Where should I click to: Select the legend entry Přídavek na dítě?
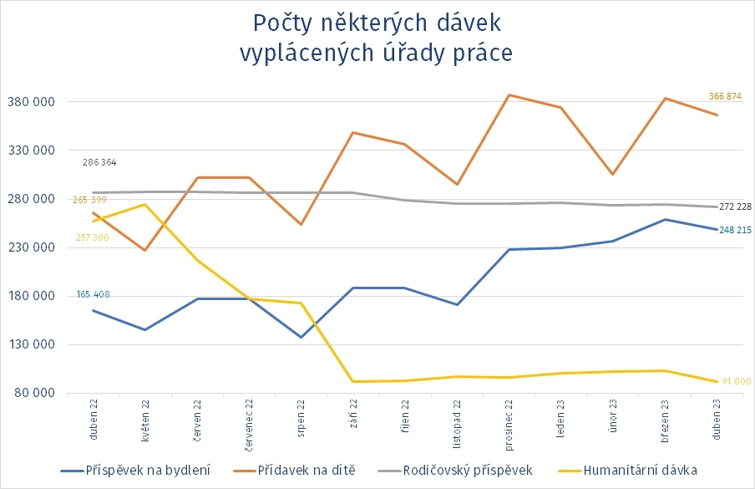coord(307,470)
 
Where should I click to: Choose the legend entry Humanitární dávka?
coord(641,470)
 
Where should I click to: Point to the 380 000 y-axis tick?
coord(31,102)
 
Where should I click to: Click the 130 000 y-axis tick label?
coord(31,344)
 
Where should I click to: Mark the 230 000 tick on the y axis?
coord(31,247)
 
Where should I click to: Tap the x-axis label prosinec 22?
coord(509,425)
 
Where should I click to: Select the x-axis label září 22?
coord(352,419)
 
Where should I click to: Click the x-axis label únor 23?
coord(613,418)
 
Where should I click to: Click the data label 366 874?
coord(724,96)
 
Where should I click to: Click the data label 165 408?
coord(94,294)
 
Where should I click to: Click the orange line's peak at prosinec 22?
coord(509,95)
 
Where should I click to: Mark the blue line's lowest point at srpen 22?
coord(301,337)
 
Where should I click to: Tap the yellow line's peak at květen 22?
coord(145,205)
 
